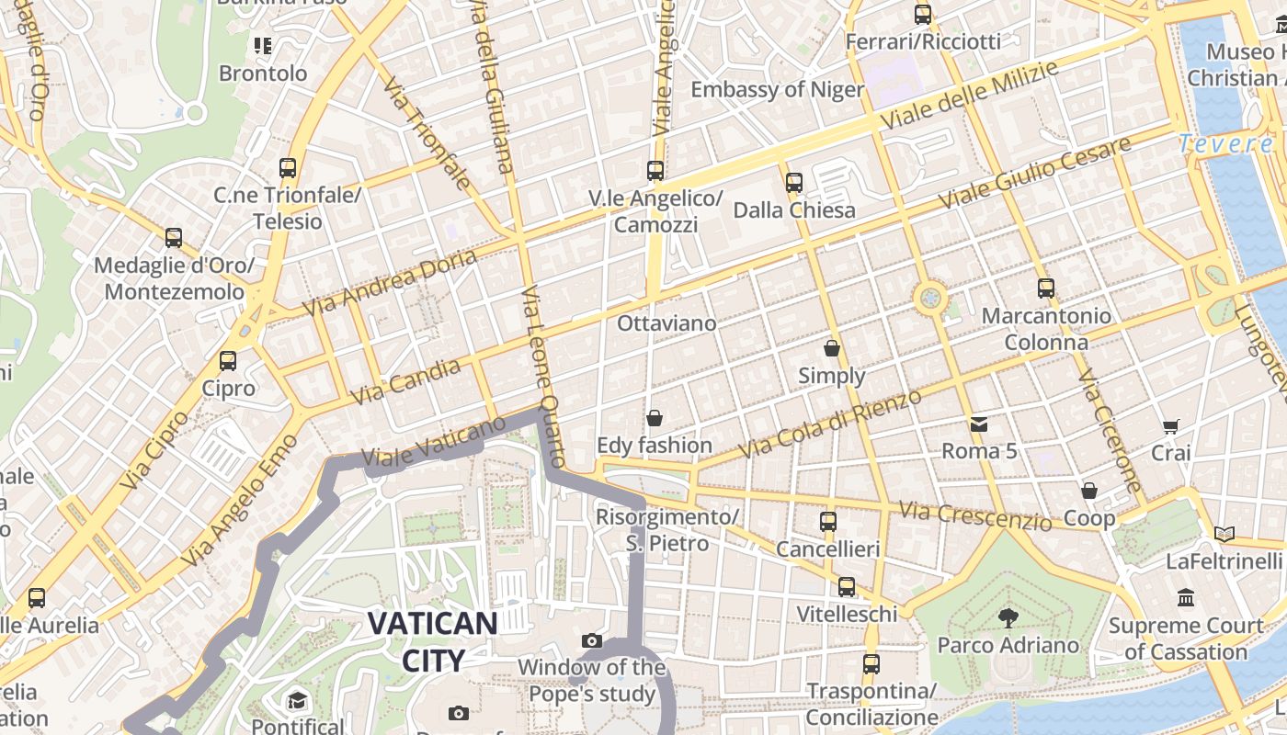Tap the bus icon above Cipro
228,361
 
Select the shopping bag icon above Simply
832,349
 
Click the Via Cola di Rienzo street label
829,424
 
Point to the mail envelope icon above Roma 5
979,424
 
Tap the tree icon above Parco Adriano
1008,617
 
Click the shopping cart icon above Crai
1170,426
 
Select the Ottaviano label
666,323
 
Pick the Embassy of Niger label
777,89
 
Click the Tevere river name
1226,143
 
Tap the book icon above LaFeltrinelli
1224,534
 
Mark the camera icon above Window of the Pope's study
592,640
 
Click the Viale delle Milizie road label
969,95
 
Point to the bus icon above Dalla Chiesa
794,183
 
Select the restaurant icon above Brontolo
263,45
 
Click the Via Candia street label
406,381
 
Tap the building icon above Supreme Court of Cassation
1186,598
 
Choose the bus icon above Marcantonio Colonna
1046,288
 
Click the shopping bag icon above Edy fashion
655,419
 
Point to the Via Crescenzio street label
975,515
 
